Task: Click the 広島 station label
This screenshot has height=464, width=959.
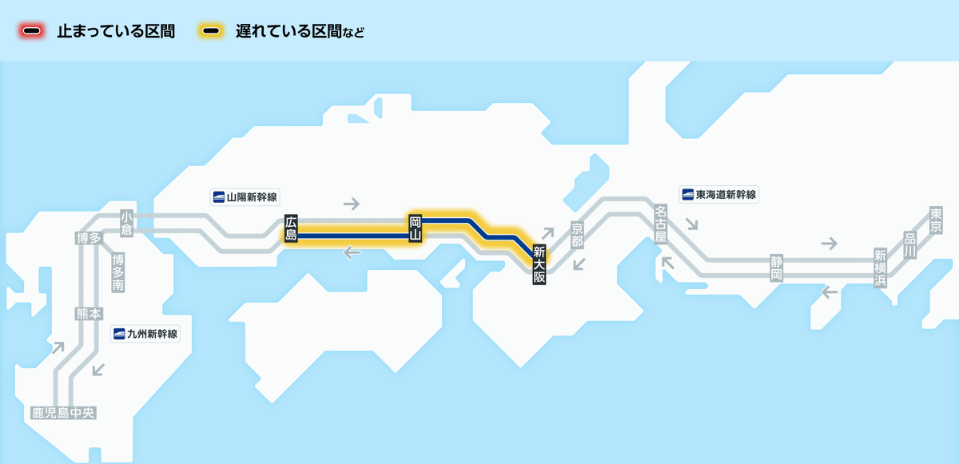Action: pyautogui.click(x=291, y=228)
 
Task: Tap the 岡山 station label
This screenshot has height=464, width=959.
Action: pyautogui.click(x=415, y=228)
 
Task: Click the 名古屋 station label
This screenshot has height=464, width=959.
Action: pyautogui.click(x=660, y=224)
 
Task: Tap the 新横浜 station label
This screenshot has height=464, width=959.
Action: pyautogui.click(x=881, y=268)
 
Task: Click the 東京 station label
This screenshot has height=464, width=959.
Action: pyautogui.click(x=936, y=220)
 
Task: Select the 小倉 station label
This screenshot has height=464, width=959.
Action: pyautogui.click(x=126, y=223)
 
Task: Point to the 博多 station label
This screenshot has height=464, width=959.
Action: pyautogui.click(x=88, y=238)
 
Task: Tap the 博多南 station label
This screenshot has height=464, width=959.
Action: pyautogui.click(x=118, y=272)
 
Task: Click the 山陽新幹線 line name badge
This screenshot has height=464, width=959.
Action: pyautogui.click(x=246, y=196)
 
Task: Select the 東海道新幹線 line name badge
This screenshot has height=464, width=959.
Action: pyautogui.click(x=718, y=194)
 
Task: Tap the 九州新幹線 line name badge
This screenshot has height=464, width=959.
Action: pyautogui.click(x=146, y=334)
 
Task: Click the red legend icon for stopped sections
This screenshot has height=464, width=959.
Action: pyautogui.click(x=32, y=32)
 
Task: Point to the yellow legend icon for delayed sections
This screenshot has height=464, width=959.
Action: pyautogui.click(x=211, y=32)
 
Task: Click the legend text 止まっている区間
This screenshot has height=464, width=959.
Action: pyautogui.click(x=116, y=32)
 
